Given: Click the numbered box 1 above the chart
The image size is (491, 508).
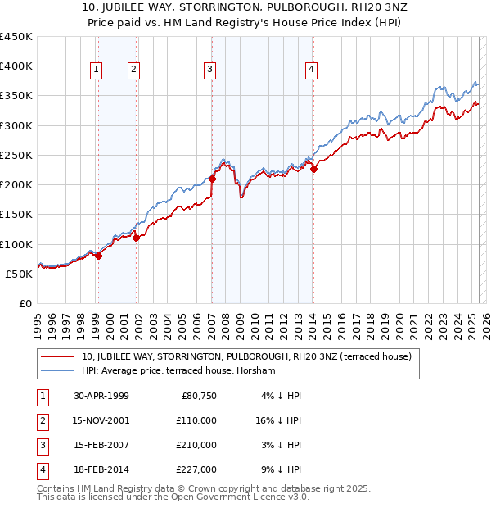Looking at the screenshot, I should click(97, 70).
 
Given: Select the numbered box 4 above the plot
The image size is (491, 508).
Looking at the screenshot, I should click(312, 70).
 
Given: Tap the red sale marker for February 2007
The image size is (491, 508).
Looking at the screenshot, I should click(212, 179).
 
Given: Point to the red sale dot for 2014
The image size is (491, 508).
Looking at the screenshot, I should click(313, 169).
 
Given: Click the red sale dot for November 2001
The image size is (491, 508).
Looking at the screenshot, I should click(136, 238).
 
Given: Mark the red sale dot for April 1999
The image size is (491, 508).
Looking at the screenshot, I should click(98, 256).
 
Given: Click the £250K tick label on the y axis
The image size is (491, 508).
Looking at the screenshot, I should click(16, 155).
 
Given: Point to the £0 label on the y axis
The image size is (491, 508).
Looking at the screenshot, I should click(25, 303).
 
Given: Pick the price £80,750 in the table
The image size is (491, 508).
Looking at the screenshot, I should click(199, 396).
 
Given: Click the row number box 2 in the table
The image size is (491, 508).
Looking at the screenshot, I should click(42, 420).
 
